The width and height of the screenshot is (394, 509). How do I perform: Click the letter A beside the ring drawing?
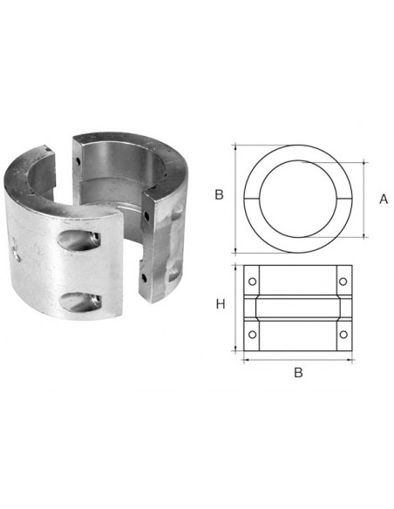pyautogui.click(x=384, y=199)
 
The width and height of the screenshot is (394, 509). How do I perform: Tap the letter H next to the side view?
pyautogui.click(x=221, y=304)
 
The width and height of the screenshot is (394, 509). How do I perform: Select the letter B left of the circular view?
pyautogui.click(x=219, y=194)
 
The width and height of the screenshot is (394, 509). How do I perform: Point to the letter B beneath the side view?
pyautogui.click(x=298, y=372)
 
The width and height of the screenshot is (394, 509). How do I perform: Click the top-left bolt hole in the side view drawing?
pyautogui.click(x=252, y=282)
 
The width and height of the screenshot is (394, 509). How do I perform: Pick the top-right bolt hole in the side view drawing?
pyautogui.click(x=343, y=282)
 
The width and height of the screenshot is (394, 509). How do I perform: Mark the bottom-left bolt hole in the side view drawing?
pyautogui.click(x=252, y=335)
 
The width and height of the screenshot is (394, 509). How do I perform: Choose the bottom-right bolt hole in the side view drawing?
pyautogui.click(x=343, y=335)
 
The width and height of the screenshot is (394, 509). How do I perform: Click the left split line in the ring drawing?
pyautogui.click(x=252, y=198)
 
